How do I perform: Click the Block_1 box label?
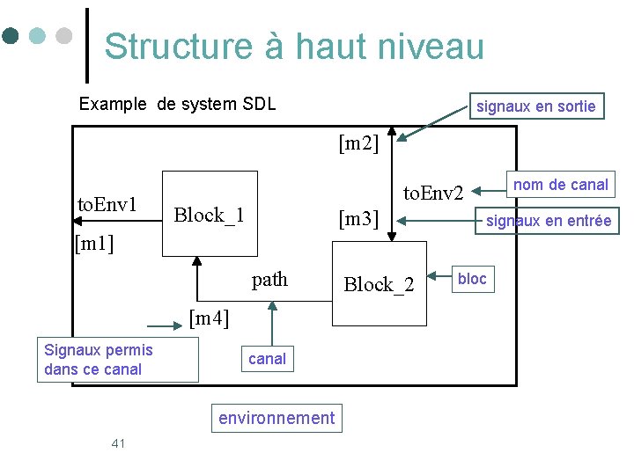click(x=209, y=215)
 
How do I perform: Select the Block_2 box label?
click(x=379, y=284)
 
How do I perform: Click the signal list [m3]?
click(x=358, y=219)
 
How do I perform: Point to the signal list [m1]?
click(x=95, y=241)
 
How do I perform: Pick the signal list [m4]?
click(x=210, y=318)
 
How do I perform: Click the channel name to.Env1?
click(x=107, y=205)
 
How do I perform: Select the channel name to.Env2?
click(x=433, y=192)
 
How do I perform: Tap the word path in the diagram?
click(x=269, y=280)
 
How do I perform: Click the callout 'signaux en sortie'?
click(x=535, y=106)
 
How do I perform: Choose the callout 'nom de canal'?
click(x=560, y=185)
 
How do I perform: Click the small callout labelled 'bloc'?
click(x=472, y=279)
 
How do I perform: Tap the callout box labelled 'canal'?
click(x=267, y=359)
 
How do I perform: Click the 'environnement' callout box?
click(x=276, y=418)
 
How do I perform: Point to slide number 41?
click(x=119, y=442)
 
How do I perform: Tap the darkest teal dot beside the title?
click(x=11, y=36)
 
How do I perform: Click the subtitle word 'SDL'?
click(x=260, y=104)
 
